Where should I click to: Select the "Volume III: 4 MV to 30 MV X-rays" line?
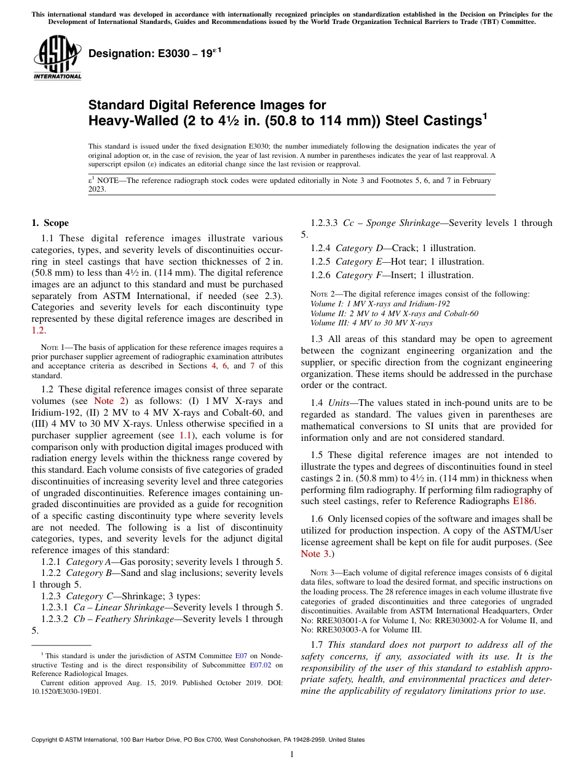pos(371,322)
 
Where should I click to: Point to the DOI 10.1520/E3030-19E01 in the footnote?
pos(66,691)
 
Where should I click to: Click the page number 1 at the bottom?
pos(292,754)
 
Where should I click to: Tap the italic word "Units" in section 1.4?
pos(340,403)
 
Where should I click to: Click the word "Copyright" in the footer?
pos(48,740)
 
